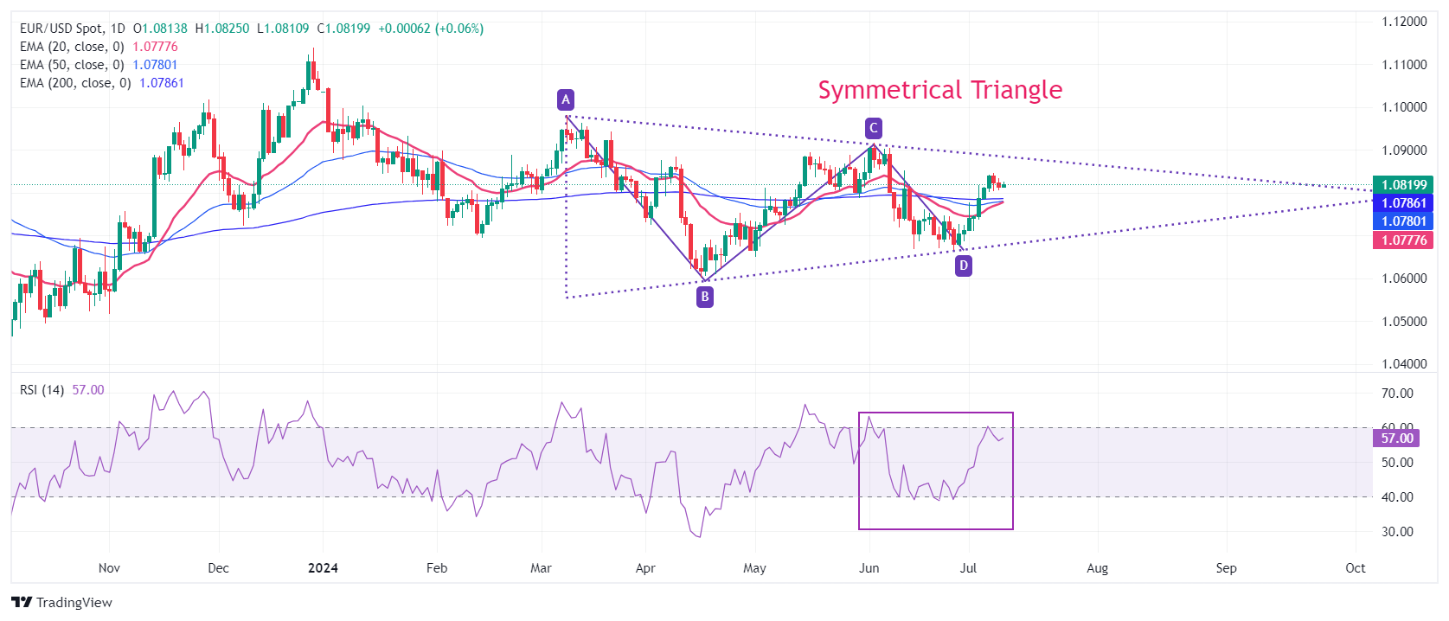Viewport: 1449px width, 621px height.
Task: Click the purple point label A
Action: pyautogui.click(x=566, y=99)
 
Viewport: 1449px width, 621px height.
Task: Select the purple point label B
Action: pyautogui.click(x=705, y=297)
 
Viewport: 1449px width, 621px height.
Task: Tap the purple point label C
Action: pyautogui.click(x=874, y=128)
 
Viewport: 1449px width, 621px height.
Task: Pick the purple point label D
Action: pyautogui.click(x=963, y=266)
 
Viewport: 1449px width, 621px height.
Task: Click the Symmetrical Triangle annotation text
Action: pyautogui.click(x=939, y=90)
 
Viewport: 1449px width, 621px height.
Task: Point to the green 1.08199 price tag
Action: pyautogui.click(x=1402, y=184)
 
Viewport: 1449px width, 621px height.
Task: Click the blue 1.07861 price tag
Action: pyautogui.click(x=1402, y=202)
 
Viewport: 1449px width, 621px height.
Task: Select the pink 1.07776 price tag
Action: pyautogui.click(x=1402, y=240)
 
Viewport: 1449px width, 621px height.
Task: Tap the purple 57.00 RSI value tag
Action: pyautogui.click(x=1396, y=439)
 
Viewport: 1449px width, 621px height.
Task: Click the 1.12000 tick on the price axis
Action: pyautogui.click(x=1404, y=22)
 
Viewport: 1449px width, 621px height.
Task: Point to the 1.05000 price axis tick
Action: pyautogui.click(x=1404, y=321)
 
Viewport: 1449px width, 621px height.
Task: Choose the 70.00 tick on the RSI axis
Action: pyautogui.click(x=1397, y=394)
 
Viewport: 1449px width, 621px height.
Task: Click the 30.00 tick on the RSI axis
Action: pyautogui.click(x=1397, y=532)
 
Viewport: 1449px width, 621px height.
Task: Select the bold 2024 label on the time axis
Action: pyautogui.click(x=323, y=568)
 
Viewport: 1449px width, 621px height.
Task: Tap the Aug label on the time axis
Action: pyautogui.click(x=1097, y=568)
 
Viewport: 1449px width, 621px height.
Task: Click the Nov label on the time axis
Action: pyautogui.click(x=109, y=568)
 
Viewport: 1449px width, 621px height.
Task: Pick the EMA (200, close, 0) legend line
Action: pyautogui.click(x=101, y=83)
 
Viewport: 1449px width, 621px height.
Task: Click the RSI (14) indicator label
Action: pyautogui.click(x=42, y=390)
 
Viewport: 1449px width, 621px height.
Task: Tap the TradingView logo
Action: pyautogui.click(x=61, y=602)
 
